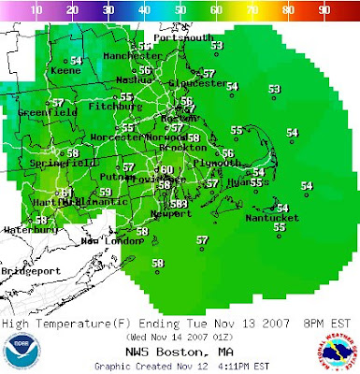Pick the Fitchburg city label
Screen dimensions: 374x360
tap(109, 107)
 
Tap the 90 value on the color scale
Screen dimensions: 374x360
tap(325, 8)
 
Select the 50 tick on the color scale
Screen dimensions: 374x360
tap(181, 8)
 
